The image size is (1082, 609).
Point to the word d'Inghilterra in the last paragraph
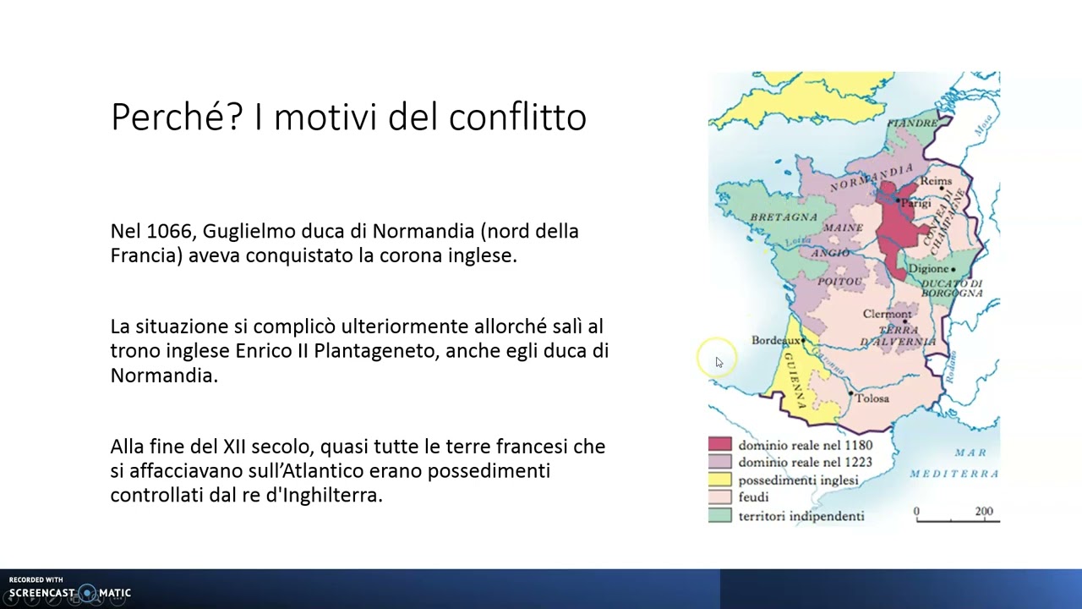pyautogui.click(x=324, y=495)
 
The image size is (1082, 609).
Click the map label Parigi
pyautogui.click(x=915, y=204)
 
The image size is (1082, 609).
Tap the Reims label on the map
pyautogui.click(x=936, y=181)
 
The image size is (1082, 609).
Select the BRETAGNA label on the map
pyautogui.click(x=784, y=217)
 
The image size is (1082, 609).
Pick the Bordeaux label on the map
pyautogui.click(x=775, y=340)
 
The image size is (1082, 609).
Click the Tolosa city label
pyautogui.click(x=872, y=398)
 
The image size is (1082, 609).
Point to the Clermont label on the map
pyautogui.click(x=887, y=314)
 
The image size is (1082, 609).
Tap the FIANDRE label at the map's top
pyautogui.click(x=912, y=123)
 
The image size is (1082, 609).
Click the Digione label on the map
pyautogui.click(x=929, y=269)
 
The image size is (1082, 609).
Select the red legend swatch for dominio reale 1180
pyautogui.click(x=719, y=445)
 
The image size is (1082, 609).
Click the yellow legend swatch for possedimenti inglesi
pyautogui.click(x=719, y=480)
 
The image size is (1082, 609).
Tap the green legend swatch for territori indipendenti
pyautogui.click(x=719, y=515)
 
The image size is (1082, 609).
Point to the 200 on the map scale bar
pyautogui.click(x=983, y=511)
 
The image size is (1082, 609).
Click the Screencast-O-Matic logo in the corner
pyautogui.click(x=70, y=592)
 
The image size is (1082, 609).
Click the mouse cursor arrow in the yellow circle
pyautogui.click(x=719, y=362)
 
